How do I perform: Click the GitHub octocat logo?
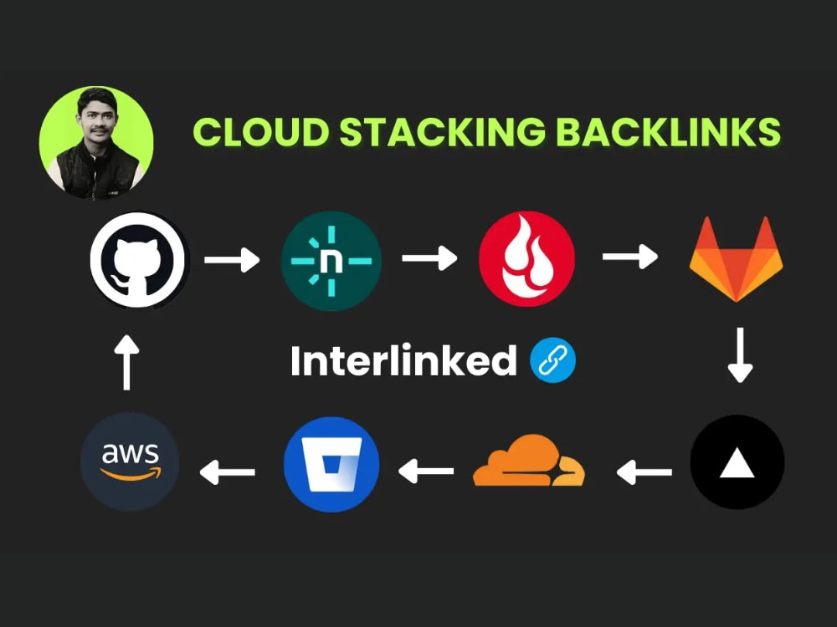click(140, 260)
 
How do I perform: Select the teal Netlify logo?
click(331, 261)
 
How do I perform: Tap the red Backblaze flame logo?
click(526, 259)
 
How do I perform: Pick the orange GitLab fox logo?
click(736, 259)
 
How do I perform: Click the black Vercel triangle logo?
click(737, 461)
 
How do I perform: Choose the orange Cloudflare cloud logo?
click(528, 461)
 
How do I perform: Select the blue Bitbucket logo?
click(331, 464)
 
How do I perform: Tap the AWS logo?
click(130, 461)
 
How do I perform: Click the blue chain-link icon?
click(552, 360)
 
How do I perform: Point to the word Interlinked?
click(403, 360)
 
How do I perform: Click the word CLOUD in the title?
click(261, 131)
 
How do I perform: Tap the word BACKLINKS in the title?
click(668, 131)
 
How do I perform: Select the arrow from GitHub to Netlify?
click(232, 260)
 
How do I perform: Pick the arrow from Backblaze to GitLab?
click(630, 257)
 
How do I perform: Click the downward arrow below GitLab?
click(741, 355)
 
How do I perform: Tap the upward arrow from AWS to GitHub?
click(126, 363)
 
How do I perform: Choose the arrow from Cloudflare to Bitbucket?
click(426, 472)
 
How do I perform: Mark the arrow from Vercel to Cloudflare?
click(644, 472)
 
